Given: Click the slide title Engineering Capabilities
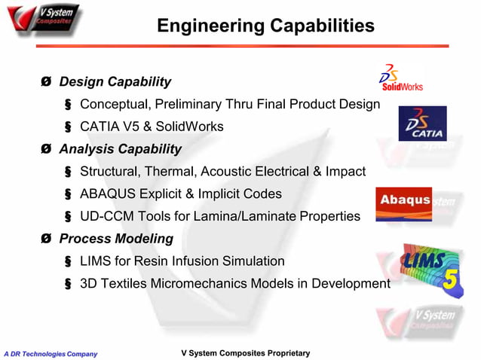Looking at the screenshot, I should point(265,26).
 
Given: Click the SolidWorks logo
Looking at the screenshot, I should point(400,78).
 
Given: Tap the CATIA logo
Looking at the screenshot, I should point(422,124).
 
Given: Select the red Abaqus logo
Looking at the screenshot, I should point(404,203).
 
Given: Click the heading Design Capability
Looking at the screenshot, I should point(115,81).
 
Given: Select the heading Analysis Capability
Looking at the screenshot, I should point(120,149).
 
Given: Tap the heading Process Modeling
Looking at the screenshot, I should point(116,239).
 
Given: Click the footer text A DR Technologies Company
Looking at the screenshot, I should point(50,353).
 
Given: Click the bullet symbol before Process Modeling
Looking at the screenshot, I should point(47,239).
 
